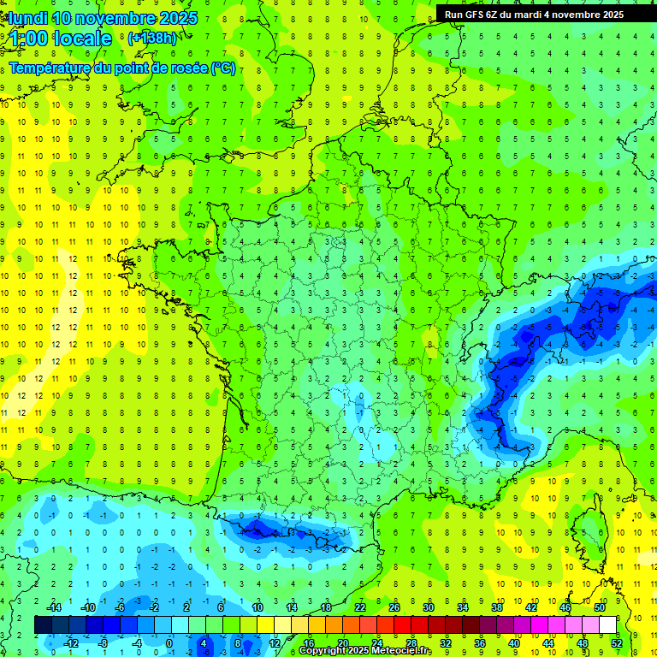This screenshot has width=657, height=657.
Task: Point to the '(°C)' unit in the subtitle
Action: [x=223, y=68]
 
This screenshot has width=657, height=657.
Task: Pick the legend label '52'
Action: [x=617, y=642]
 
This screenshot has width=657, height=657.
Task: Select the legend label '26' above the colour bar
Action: [x=394, y=607]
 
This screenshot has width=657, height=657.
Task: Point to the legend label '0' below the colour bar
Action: [x=169, y=642]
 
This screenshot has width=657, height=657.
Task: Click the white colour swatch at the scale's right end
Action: [x=607, y=624]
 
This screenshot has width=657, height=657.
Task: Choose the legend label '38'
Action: [x=497, y=607]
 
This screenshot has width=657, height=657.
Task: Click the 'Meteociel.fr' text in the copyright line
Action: [x=406, y=651]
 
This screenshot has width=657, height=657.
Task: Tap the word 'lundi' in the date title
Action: [x=28, y=18]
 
